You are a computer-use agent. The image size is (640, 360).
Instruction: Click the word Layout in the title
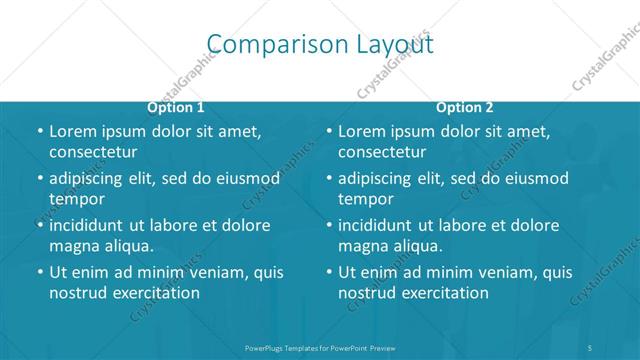pos(395,45)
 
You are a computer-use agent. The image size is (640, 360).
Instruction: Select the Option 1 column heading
pos(176,108)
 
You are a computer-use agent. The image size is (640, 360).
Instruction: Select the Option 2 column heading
pos(465,108)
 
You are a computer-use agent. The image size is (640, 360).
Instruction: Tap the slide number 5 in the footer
pos(590,348)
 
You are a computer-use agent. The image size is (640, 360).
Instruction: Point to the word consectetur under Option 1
pos(93,152)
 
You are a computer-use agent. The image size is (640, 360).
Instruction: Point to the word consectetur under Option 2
pos(382,152)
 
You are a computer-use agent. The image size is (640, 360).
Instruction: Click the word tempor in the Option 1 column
pos(77,199)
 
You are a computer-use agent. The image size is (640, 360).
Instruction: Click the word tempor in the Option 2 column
pos(366,199)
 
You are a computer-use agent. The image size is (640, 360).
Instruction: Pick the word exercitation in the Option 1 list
pos(155,293)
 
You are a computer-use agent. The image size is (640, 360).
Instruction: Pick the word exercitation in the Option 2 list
pos(444,293)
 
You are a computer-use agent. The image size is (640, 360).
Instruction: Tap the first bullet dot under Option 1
pos(40,132)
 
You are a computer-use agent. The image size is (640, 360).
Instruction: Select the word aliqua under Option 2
pos(415,246)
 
